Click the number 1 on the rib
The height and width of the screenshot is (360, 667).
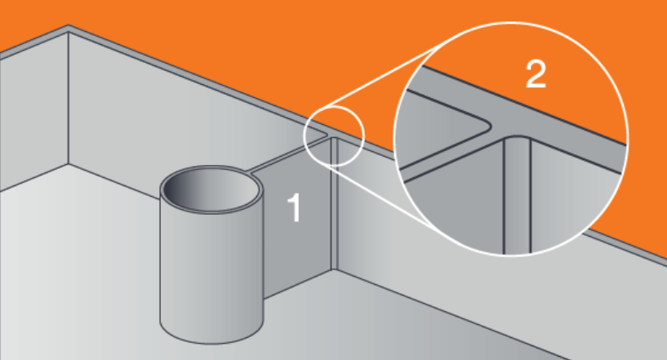click(x=295, y=207)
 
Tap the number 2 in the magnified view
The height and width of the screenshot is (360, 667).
click(x=536, y=74)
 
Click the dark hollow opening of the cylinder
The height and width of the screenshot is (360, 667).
click(x=211, y=189)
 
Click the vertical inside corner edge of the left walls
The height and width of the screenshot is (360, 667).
click(x=69, y=99)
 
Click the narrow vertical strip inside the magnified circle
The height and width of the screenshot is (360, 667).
click(x=517, y=196)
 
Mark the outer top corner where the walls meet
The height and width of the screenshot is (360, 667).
click(x=68, y=25)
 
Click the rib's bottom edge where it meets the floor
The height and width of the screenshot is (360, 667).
click(x=297, y=284)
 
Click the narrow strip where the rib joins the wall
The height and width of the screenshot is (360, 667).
click(x=335, y=203)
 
